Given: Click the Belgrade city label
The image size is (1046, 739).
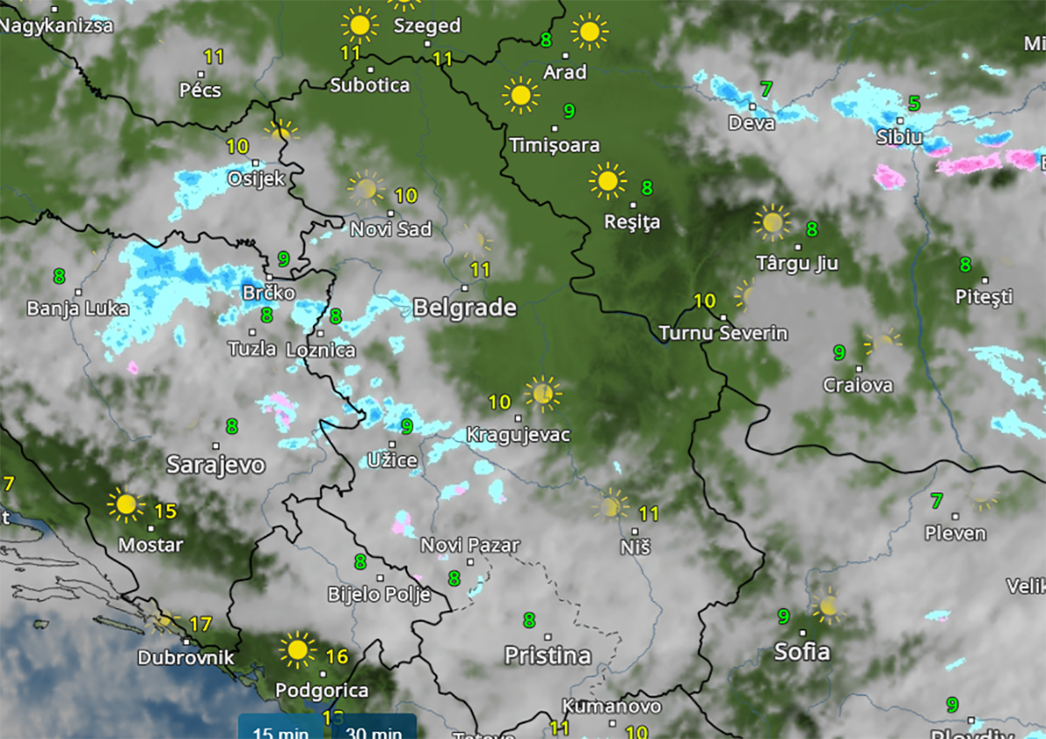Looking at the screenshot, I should coord(465,308).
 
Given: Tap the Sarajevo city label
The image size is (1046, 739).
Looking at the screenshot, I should coord(215,464).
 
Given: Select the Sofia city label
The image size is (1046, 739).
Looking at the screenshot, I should coord(802,651).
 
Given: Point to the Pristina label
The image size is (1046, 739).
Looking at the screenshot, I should coord(548,654).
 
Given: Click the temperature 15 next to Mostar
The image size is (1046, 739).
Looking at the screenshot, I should coord(166,512).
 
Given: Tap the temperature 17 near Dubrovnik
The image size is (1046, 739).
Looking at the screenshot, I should coord(200,624).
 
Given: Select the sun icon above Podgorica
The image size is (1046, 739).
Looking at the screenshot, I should coord(297,649).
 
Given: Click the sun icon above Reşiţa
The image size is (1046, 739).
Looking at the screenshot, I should coord(608,180).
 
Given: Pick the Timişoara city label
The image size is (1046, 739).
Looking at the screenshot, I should coord(554,145).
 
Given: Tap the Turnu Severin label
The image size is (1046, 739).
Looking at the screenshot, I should coord(723,333).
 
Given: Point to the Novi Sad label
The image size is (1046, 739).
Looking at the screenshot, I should coord(391,229).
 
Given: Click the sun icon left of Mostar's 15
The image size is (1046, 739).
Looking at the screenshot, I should coord(126,505).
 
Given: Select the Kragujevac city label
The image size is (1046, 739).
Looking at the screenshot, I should coord(518,434).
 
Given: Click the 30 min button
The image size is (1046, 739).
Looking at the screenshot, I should coord(374,730).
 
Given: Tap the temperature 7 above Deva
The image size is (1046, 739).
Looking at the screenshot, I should coord(766,89).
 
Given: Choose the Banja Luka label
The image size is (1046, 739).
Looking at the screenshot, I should coord(78,308).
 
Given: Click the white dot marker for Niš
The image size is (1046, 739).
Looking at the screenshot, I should coord(635,530).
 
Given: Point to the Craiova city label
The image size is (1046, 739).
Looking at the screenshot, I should coord(858,384).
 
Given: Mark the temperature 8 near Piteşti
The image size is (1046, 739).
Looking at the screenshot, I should coord(965,264).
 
